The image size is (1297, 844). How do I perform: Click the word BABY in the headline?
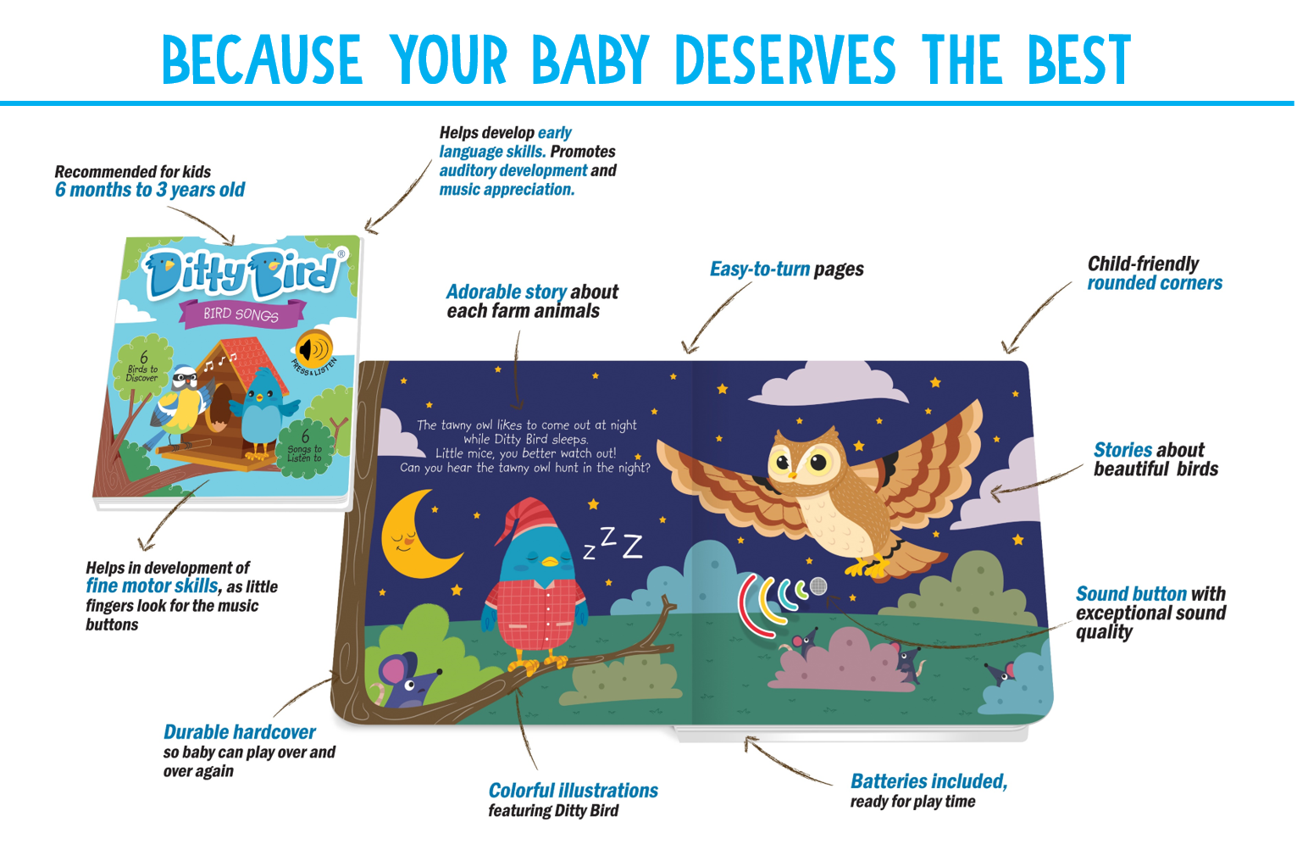[590, 60]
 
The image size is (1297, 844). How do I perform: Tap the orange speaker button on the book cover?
[313, 347]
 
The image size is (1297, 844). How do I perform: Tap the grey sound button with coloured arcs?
[818, 586]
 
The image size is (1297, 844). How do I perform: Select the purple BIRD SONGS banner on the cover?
[241, 314]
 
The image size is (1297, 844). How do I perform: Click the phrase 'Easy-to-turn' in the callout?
[760, 269]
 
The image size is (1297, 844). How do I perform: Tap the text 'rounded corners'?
[1155, 283]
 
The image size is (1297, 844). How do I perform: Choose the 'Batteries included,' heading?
[928, 781]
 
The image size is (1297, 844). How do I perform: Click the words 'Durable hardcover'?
[239, 732]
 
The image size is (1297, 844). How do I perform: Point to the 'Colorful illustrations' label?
[573, 791]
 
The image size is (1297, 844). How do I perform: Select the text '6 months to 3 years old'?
[150, 190]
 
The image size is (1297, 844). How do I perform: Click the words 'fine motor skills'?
[152, 586]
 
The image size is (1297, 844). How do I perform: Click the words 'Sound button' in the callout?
[1131, 594]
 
